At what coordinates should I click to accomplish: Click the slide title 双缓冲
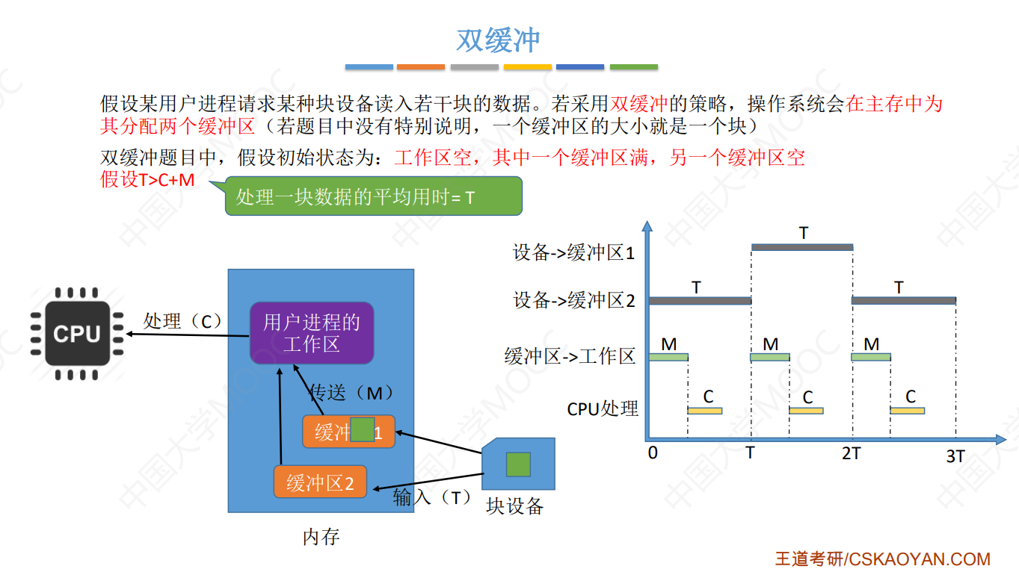pos(498,40)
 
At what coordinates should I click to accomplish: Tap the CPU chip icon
pos(77,334)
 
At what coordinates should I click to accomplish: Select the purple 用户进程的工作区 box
pos(311,333)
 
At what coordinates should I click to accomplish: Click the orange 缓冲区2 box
pos(320,482)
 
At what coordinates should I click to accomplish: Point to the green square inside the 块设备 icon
pos(518,464)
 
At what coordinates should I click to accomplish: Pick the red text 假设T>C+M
pos(147,180)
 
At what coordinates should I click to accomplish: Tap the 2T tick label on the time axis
pos(851,453)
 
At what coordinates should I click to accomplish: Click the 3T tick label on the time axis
pos(955,455)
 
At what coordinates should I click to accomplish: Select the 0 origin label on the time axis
pos(653,453)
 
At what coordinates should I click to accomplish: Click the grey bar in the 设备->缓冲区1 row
pos(801,247)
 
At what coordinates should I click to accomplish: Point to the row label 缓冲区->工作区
pos(570,356)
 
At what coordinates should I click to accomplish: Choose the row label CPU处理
pos(603,408)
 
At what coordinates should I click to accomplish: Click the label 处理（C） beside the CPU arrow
pos(183,321)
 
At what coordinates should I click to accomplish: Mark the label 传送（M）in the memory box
pos(351,393)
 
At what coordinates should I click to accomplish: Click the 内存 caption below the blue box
pos(321,536)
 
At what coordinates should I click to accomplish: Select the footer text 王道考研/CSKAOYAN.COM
pos(882,559)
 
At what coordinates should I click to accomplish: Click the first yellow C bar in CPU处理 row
pos(704,411)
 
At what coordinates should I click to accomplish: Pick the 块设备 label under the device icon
pos(514,506)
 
